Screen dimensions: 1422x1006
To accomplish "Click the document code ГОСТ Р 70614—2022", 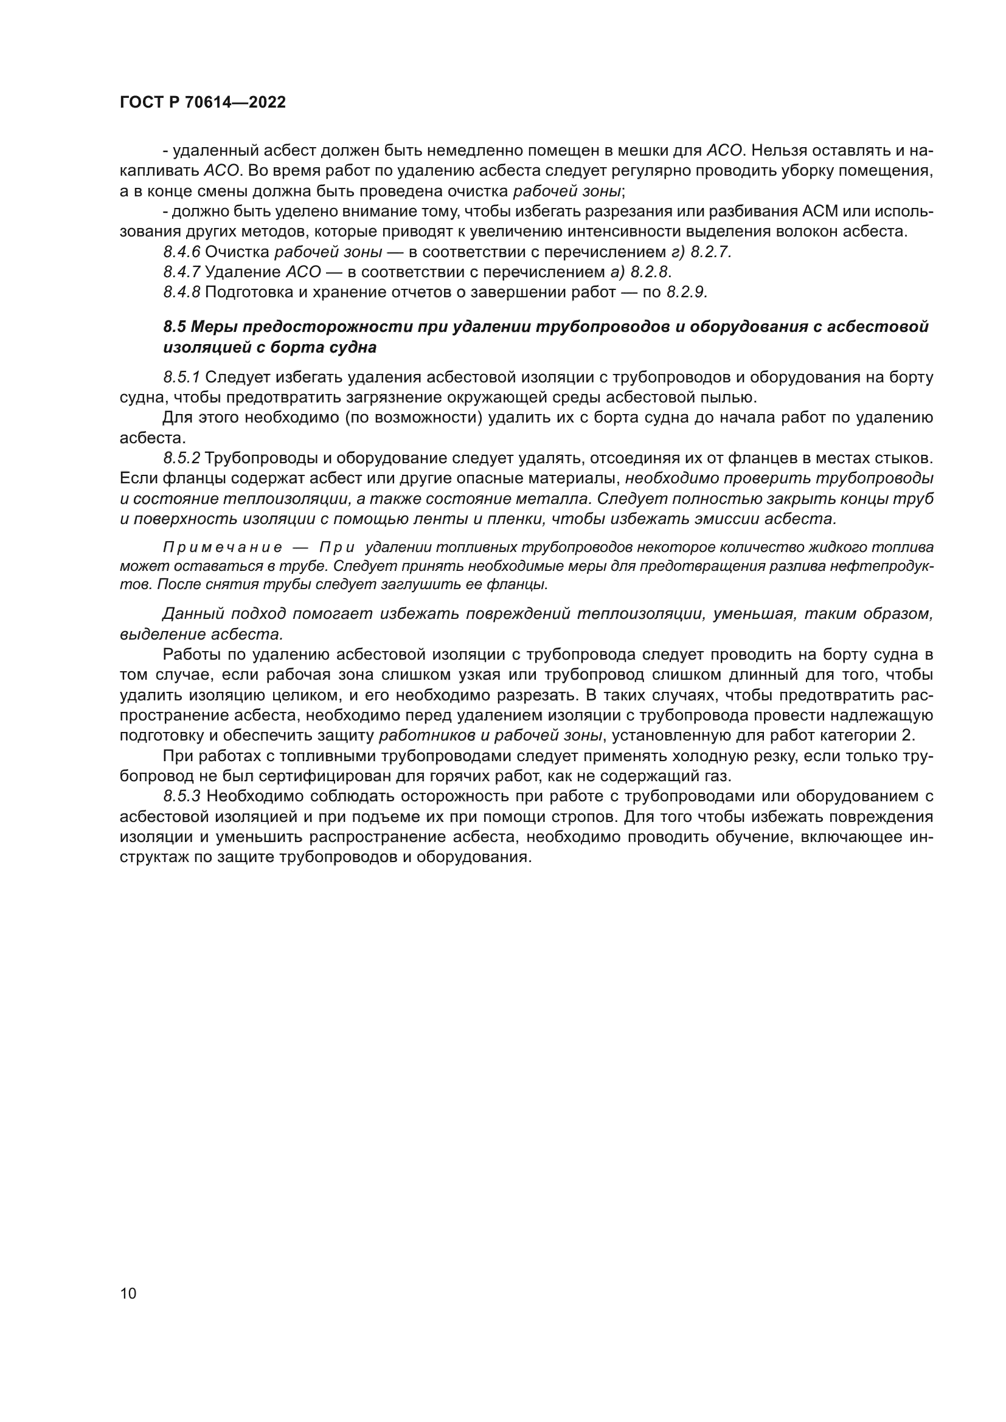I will click(203, 103).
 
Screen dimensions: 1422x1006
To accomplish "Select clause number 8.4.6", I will click(181, 252).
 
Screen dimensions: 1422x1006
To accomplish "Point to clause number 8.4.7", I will click(181, 272).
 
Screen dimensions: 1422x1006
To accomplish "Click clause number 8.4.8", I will click(181, 292).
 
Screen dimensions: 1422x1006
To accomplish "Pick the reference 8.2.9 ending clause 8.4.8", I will click(686, 292).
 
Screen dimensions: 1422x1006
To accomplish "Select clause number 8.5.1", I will click(181, 377).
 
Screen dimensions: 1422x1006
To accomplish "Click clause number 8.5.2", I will click(181, 458).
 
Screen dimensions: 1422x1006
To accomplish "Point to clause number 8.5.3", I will click(181, 796).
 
